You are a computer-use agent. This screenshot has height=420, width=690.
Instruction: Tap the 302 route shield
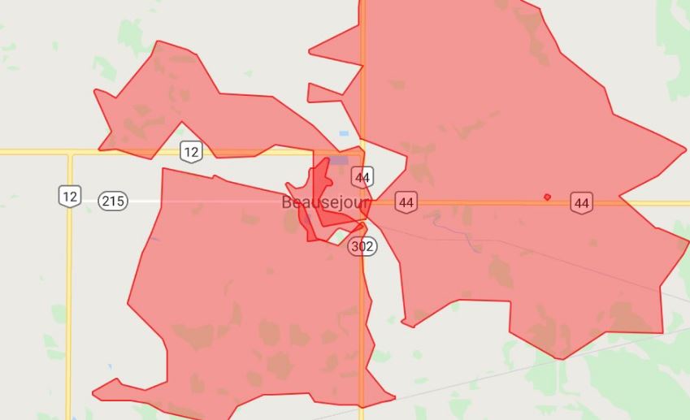[x=362, y=246]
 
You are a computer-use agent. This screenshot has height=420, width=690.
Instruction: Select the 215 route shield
[x=113, y=201]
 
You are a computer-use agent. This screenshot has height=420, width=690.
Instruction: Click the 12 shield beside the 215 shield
[x=69, y=195]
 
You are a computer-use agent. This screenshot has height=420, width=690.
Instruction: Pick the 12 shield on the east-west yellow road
[x=190, y=151]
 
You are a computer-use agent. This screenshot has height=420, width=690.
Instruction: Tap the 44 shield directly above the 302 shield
[x=362, y=176]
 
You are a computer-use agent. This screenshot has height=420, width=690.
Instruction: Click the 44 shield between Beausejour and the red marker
[x=406, y=201]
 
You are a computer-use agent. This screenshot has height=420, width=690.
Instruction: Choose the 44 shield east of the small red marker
[x=580, y=202]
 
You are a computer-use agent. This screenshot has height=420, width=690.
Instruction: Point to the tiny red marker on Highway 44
[x=547, y=197]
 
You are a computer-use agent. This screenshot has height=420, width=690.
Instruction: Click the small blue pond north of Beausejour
[x=344, y=133]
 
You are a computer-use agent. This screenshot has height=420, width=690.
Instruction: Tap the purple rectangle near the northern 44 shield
[x=339, y=160]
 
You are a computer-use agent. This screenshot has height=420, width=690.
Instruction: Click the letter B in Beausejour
[x=287, y=202]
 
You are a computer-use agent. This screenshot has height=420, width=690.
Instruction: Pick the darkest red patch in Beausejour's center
[x=319, y=183]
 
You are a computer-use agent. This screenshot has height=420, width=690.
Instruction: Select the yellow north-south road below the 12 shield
[x=69, y=309]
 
